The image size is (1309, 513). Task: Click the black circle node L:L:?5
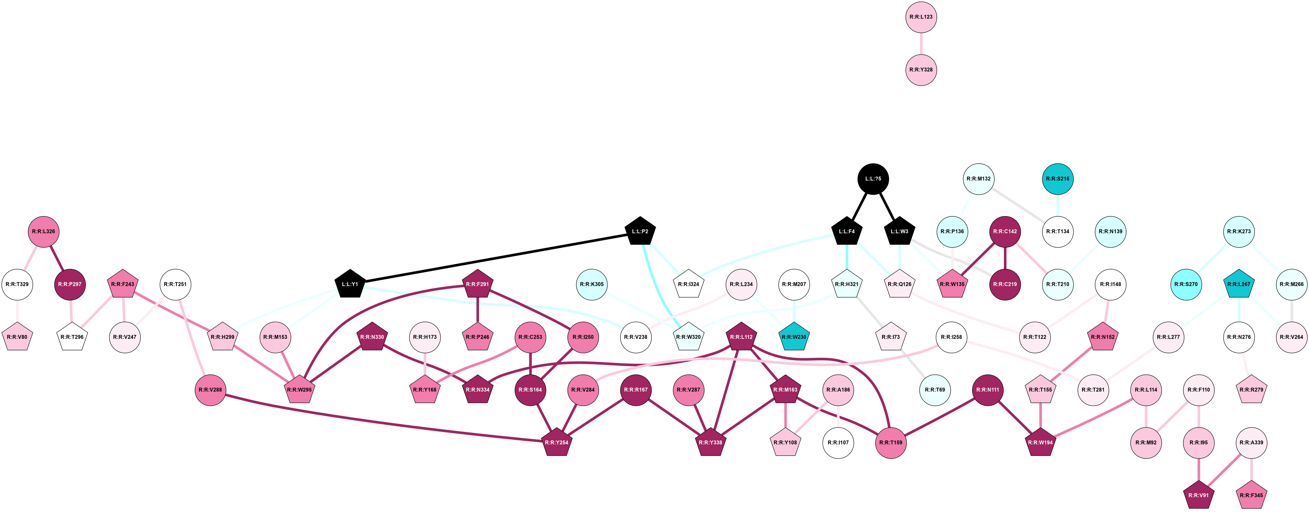coord(873,178)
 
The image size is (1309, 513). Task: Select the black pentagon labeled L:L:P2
coord(640,232)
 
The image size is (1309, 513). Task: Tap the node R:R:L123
coord(921,17)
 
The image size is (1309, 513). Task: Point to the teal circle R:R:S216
coord(1057,178)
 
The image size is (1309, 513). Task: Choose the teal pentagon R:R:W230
coord(793,337)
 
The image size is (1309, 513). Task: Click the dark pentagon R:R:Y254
coord(556,442)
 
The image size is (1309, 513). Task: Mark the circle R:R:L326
coord(43,231)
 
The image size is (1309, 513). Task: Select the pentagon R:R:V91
coord(1199,495)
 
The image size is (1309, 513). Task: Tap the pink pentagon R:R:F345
coord(1251,495)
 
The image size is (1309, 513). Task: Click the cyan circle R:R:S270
coord(1186,284)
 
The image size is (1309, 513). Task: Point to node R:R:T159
coord(891,442)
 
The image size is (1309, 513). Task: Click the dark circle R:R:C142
coord(1005,231)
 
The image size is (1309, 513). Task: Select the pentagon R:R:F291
coord(477,284)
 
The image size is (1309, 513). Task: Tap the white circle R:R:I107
coord(838,442)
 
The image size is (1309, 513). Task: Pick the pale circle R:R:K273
coord(1239,231)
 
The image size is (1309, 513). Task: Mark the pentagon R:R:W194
coord(1040,442)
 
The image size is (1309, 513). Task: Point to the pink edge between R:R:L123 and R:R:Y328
coord(921,43)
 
